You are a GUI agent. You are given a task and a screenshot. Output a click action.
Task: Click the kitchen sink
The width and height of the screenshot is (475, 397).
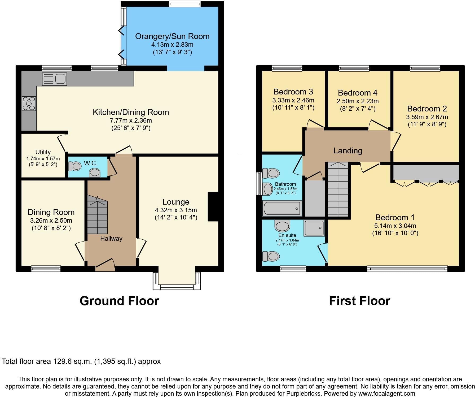[x=54, y=79]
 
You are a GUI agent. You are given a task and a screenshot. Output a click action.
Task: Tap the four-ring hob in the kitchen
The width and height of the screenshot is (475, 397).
[x=29, y=103]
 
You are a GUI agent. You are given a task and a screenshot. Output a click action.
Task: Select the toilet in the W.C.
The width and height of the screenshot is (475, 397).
[x=75, y=166]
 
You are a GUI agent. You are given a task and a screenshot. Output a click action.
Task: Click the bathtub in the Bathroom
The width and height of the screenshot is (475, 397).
[x=282, y=208]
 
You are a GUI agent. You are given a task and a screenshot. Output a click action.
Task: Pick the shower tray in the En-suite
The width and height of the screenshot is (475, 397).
[x=314, y=228]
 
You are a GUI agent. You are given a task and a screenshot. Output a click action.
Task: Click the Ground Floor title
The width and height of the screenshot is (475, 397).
[x=119, y=301]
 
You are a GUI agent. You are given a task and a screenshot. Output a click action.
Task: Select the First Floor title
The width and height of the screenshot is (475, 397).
[x=360, y=301]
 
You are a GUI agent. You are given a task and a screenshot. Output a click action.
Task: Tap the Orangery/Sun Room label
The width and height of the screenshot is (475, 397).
[x=172, y=36]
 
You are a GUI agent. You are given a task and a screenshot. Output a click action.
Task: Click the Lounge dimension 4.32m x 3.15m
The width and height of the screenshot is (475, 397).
[x=176, y=210]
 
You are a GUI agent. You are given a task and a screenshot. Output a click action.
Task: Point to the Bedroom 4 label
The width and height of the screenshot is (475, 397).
[x=358, y=93]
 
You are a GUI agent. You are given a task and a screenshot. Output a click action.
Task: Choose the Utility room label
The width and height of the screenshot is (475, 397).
[x=43, y=152]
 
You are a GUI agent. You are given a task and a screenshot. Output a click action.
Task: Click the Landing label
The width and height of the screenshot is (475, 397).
[x=348, y=151]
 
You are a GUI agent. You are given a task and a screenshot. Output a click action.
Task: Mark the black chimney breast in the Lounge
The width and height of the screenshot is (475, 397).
[x=213, y=206]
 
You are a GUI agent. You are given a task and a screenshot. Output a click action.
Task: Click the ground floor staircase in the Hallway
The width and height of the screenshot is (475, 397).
[x=97, y=214]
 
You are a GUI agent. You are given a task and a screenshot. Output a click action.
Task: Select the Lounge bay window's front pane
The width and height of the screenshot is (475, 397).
[x=177, y=287]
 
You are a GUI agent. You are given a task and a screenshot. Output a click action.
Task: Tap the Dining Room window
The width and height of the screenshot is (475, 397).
[x=46, y=269]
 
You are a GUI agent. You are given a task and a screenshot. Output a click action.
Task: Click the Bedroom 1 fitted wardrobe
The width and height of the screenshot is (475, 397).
[x=426, y=172]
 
